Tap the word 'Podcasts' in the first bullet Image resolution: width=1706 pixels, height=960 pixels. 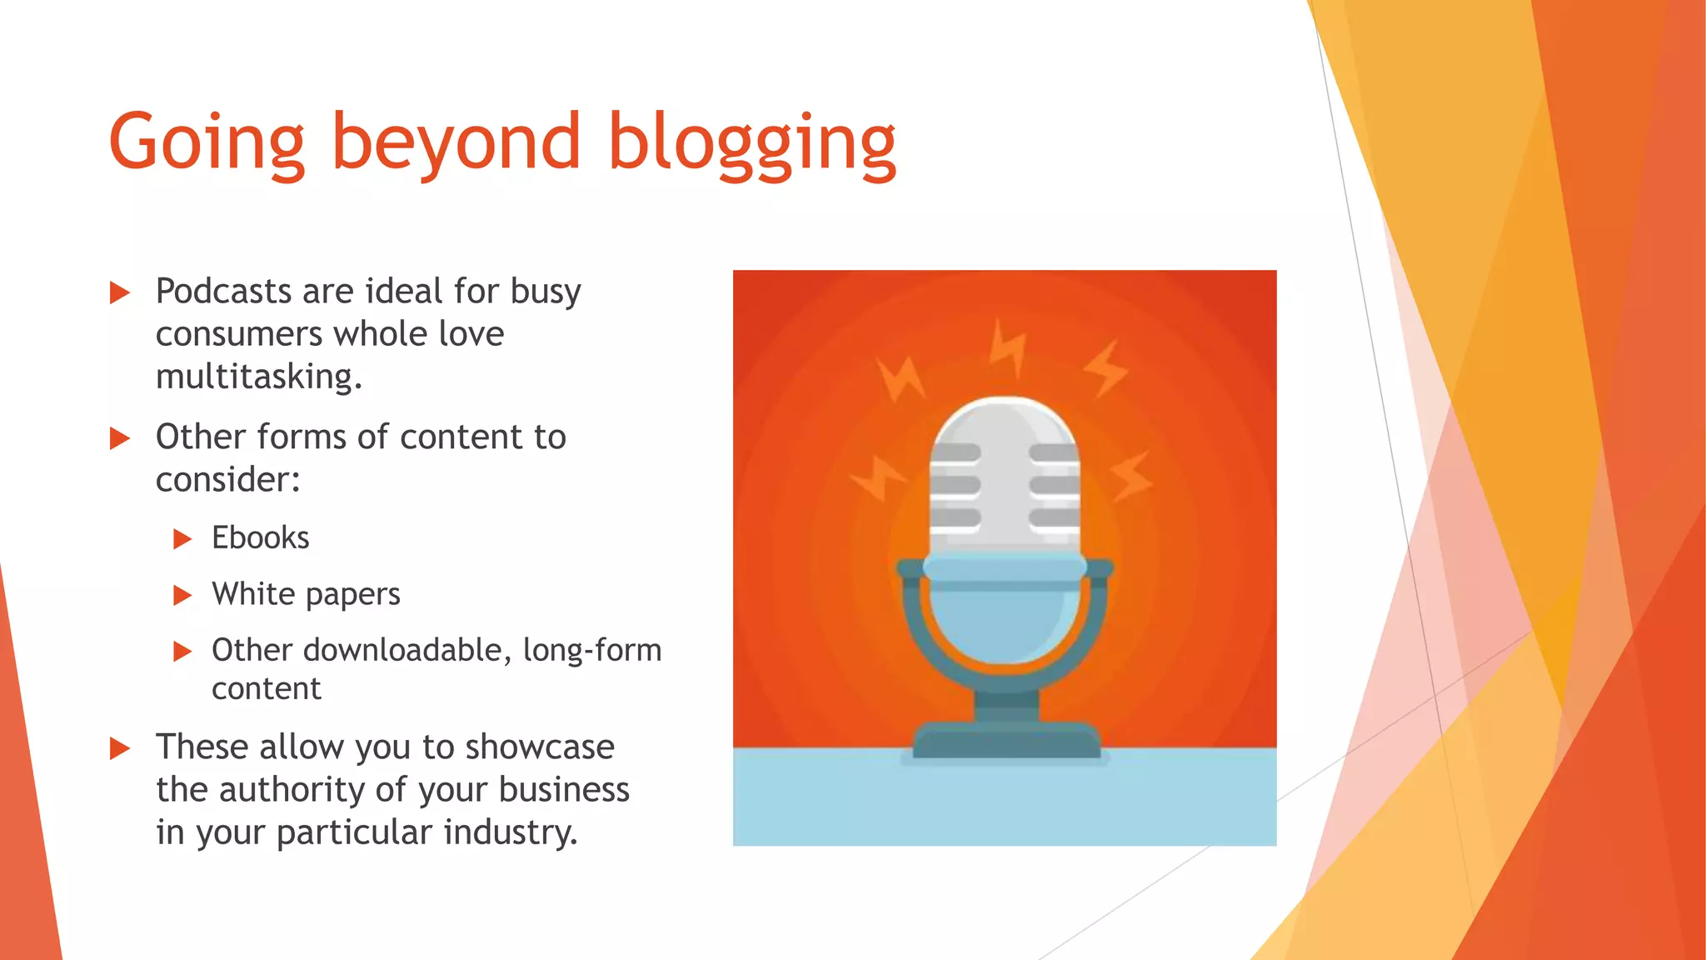pos(223,292)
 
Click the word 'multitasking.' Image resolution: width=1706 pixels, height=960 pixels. pos(259,377)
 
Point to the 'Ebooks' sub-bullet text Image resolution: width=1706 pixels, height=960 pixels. pos(260,538)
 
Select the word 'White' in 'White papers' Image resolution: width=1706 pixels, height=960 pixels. pos(253,594)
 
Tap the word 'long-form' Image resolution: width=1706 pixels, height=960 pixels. pos(591,650)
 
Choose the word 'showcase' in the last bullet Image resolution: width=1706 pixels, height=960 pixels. pos(540,747)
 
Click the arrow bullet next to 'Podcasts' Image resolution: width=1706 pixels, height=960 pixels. pos(120,292)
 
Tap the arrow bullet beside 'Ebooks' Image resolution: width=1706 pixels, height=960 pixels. pos(182,539)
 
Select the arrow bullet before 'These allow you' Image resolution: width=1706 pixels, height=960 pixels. pos(120,747)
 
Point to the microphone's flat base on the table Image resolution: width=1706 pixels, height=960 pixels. pos(1006,741)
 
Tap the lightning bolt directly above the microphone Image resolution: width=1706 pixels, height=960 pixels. pos(1007,348)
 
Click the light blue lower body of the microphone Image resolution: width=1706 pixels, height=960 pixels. pos(1004,617)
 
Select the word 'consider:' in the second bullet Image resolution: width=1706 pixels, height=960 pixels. pos(227,480)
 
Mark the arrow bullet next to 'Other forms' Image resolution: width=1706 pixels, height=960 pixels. pos(120,438)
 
